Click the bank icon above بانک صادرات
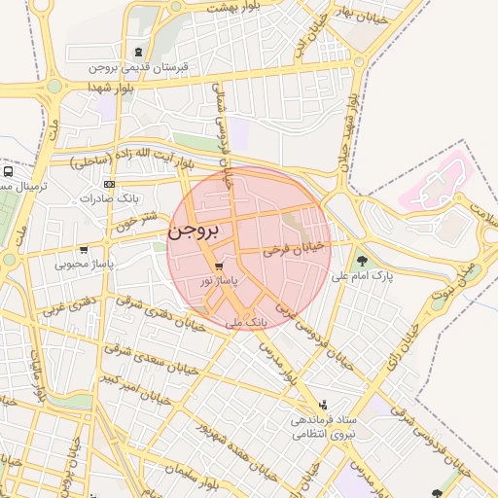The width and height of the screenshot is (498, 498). coord(109,184)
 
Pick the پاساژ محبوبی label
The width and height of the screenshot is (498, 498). coord(85,262)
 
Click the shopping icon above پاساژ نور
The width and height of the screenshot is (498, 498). coord(220,265)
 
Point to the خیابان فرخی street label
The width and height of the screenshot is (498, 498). coord(288,250)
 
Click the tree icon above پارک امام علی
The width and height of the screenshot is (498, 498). coord(363,261)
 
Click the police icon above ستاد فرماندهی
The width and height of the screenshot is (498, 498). coord(323,405)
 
